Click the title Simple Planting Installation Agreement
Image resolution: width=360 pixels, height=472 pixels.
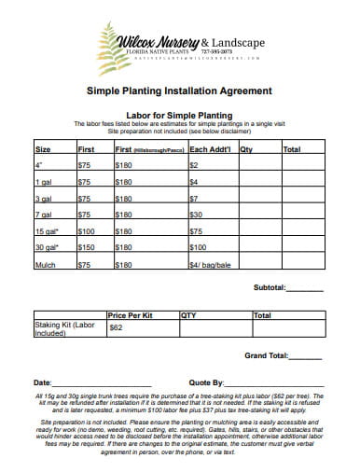[x=180, y=91]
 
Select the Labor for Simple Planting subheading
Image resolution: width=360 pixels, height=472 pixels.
[x=179, y=114]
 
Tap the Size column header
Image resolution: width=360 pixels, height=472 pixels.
[x=43, y=148]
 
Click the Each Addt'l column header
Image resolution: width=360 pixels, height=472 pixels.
[x=210, y=148]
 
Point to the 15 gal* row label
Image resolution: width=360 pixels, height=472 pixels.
[x=47, y=230]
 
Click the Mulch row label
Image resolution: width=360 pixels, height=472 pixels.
[x=45, y=264]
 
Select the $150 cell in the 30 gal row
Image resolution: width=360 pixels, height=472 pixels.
[x=87, y=247]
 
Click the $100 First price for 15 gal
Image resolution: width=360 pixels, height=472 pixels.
[x=87, y=230]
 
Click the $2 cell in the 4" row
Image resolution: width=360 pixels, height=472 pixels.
[x=194, y=165]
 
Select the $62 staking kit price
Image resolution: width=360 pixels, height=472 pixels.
[x=117, y=328]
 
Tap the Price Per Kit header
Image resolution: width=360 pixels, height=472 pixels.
[x=131, y=315]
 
